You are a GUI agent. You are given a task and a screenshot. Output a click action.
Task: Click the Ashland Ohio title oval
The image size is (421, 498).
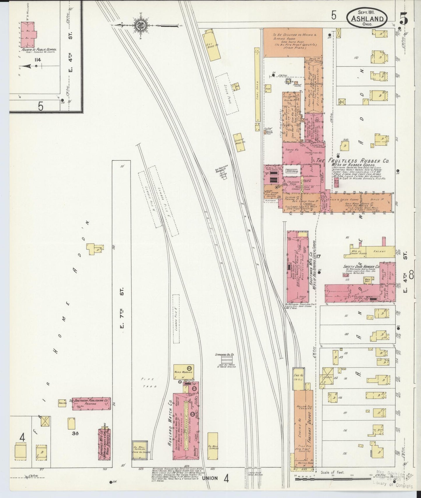tap(367, 18)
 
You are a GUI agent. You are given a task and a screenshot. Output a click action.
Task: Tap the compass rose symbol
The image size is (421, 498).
tap(140, 25)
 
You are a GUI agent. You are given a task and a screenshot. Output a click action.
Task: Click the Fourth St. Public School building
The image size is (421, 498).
tap(29, 34)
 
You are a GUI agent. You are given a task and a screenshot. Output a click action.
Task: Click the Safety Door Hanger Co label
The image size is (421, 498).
tap(361, 266)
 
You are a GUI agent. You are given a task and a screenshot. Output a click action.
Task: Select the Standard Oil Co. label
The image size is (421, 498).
tap(225, 355)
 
